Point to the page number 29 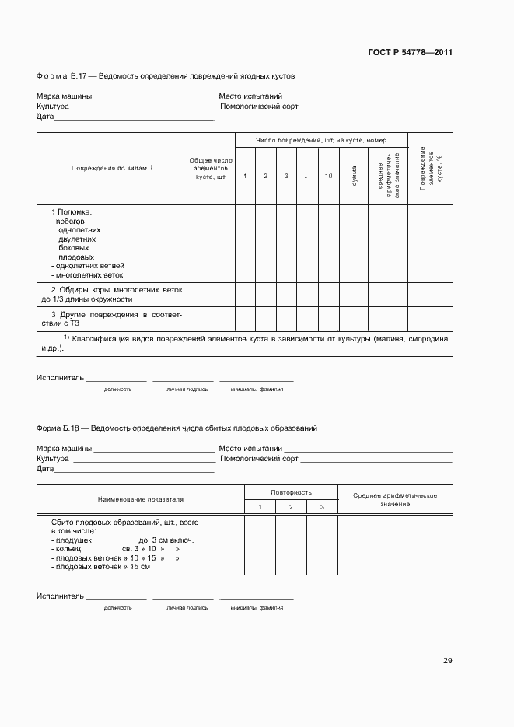tap(447, 661)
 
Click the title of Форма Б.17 tap(166, 76)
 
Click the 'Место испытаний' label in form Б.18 tap(250, 449)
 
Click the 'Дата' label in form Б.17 tap(45, 117)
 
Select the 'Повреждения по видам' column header tap(111, 168)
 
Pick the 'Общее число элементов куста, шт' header tap(211, 168)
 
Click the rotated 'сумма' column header tap(354, 176)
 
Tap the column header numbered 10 tap(328, 177)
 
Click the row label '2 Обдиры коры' tap(111, 294)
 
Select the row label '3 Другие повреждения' tap(111, 319)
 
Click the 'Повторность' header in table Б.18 tap(291, 492)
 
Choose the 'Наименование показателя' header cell tap(140, 498)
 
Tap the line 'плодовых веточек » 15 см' tap(100, 567)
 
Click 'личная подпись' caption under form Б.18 tap(187, 607)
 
